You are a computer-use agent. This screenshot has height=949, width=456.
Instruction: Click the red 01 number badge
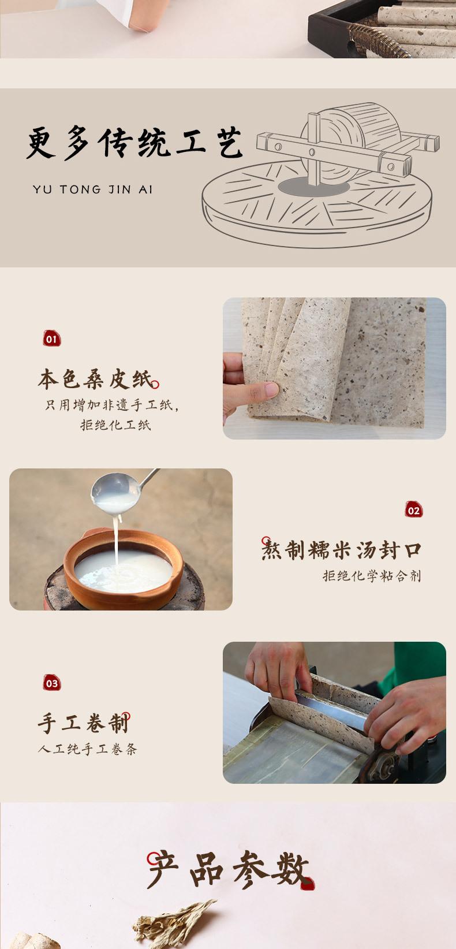coord(52,338)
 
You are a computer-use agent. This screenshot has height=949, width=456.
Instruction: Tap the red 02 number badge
coord(414,509)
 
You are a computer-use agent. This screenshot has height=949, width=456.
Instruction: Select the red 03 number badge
coord(52,683)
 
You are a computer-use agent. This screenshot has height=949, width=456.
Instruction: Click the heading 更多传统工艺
coord(134,143)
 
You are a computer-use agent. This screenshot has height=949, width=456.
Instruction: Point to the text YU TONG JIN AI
coord(92,189)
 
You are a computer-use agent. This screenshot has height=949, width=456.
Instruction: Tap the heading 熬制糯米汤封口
coord(341,549)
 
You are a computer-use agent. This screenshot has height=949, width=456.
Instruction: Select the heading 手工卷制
coord(83,723)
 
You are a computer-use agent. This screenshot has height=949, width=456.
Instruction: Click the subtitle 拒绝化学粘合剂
coord(372,576)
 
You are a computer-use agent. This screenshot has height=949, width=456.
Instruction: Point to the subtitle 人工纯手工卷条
coord(88,749)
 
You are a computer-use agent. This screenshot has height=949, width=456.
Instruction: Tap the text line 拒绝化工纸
coord(115,425)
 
